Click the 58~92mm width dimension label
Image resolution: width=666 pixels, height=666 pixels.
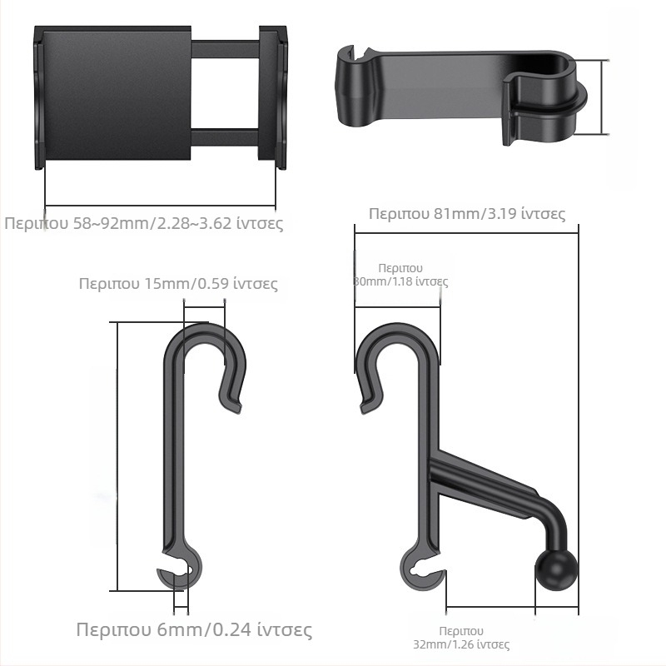(143, 223)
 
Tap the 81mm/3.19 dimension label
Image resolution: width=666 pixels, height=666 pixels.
(467, 213)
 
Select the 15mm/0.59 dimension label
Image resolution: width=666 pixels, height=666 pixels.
(178, 283)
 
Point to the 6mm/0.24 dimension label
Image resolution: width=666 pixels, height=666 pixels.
(194, 629)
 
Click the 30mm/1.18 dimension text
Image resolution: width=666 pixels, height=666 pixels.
(400, 275)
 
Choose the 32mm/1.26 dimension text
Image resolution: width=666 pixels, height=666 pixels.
(461, 638)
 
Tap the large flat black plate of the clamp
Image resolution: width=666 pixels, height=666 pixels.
(117, 92)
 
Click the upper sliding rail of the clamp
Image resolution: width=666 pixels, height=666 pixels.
(225, 49)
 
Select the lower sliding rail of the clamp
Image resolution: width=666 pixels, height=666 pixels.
(225, 137)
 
